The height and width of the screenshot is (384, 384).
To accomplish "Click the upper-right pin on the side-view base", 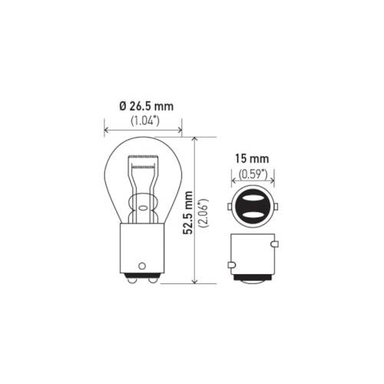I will [x=274, y=245].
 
